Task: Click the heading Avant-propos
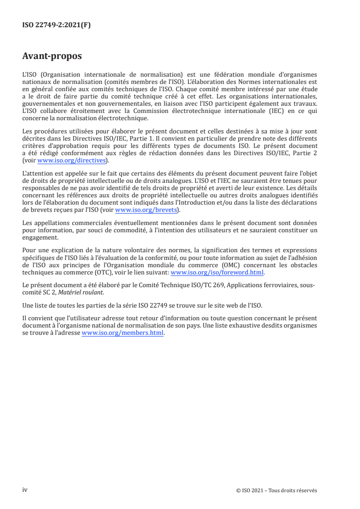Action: tap(52, 56)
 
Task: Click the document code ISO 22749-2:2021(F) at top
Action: tap(56, 25)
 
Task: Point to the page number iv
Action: tap(25, 490)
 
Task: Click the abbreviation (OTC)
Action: tap(92, 273)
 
